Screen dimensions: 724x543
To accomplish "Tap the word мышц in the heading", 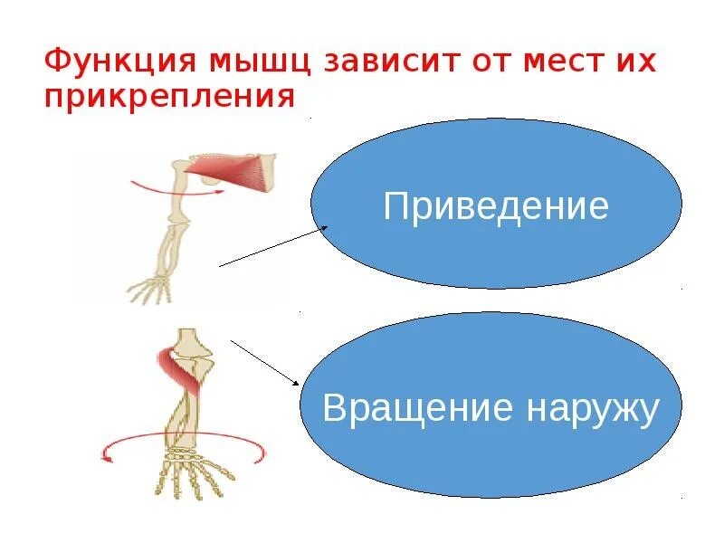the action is tap(254, 62).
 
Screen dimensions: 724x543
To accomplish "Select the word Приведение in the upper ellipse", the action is tap(496, 206).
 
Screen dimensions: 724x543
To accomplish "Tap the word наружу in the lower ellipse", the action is tap(589, 410).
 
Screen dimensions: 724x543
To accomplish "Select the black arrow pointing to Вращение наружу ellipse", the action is tap(266, 362).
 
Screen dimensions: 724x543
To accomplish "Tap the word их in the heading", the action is tap(634, 62).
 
